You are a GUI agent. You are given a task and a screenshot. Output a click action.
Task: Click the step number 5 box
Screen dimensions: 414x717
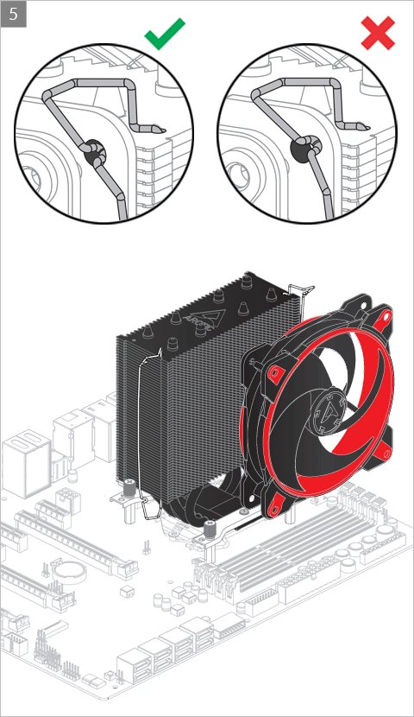(x=13, y=14)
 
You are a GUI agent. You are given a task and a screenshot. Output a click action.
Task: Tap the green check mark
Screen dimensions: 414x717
(x=165, y=34)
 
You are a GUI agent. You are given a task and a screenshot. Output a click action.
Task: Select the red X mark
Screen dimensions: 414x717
(x=378, y=33)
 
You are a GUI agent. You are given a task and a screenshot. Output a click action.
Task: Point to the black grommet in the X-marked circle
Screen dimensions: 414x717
(x=301, y=149)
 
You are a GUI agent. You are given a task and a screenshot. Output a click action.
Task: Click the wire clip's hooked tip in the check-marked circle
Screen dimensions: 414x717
(x=158, y=129)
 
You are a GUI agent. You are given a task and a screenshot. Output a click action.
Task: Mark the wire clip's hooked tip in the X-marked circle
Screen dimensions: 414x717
(x=362, y=126)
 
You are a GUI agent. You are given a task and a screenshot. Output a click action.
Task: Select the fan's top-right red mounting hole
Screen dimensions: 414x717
(x=386, y=315)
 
